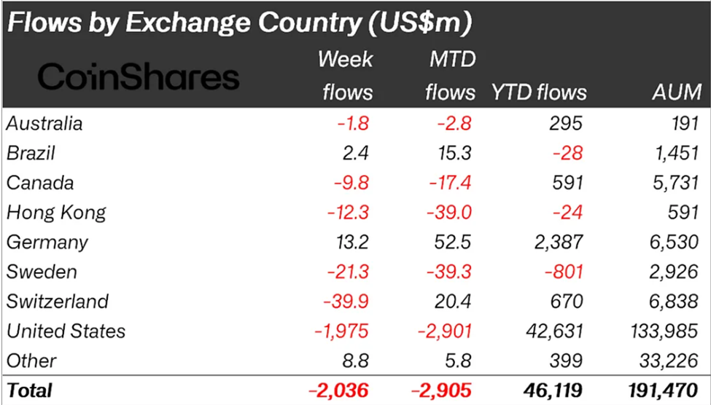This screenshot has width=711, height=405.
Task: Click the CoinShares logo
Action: [x=139, y=76]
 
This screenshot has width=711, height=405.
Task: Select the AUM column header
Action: [x=677, y=93]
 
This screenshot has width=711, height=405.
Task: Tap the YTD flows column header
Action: [x=539, y=93]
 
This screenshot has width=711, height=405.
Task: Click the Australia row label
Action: [x=44, y=123]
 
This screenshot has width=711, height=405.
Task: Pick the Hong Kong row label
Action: [x=56, y=212]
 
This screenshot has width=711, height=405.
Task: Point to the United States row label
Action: [x=66, y=331]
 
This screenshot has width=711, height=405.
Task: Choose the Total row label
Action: [x=29, y=390]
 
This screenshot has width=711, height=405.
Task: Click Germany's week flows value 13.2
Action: [x=354, y=242]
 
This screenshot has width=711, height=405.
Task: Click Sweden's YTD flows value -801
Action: [x=562, y=272]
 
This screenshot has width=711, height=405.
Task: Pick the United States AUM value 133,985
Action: [x=665, y=331]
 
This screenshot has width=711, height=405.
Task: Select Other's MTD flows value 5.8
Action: [x=461, y=360]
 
